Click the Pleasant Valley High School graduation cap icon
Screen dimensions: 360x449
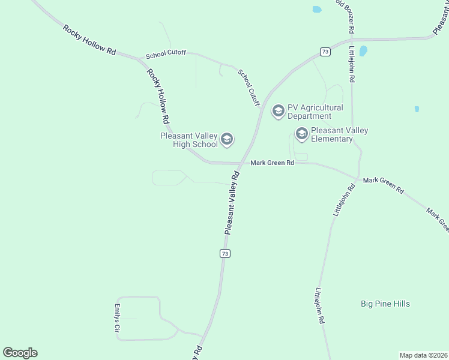pyautogui.click(x=227, y=140)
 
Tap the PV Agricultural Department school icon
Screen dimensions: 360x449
pyautogui.click(x=278, y=111)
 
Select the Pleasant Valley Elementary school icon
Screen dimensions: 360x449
pyautogui.click(x=301, y=134)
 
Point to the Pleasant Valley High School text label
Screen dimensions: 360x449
pyautogui.click(x=188, y=140)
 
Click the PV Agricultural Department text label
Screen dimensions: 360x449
pyautogui.click(x=315, y=112)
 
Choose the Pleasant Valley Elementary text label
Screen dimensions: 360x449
pyautogui.click(x=340, y=134)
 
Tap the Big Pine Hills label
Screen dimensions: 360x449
pyautogui.click(x=385, y=304)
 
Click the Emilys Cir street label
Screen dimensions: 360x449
pyautogui.click(x=118, y=318)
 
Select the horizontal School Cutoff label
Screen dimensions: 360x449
pyautogui.click(x=166, y=54)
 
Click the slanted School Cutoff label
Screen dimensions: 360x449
pyautogui.click(x=249, y=88)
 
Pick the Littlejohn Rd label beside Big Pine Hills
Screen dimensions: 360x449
pyautogui.click(x=319, y=305)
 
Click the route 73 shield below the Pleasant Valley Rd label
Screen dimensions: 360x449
pyautogui.click(x=224, y=254)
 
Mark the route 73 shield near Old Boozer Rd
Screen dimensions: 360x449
pyautogui.click(x=325, y=52)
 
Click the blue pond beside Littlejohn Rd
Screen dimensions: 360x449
pyautogui.click(x=363, y=51)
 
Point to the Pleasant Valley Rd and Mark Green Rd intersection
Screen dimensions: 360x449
pyautogui.click(x=240, y=163)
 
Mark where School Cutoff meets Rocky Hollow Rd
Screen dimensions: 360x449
pyautogui.click(x=141, y=59)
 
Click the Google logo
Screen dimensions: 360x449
pyautogui.click(x=20, y=353)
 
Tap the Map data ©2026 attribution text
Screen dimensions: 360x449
pyautogui.click(x=424, y=355)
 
